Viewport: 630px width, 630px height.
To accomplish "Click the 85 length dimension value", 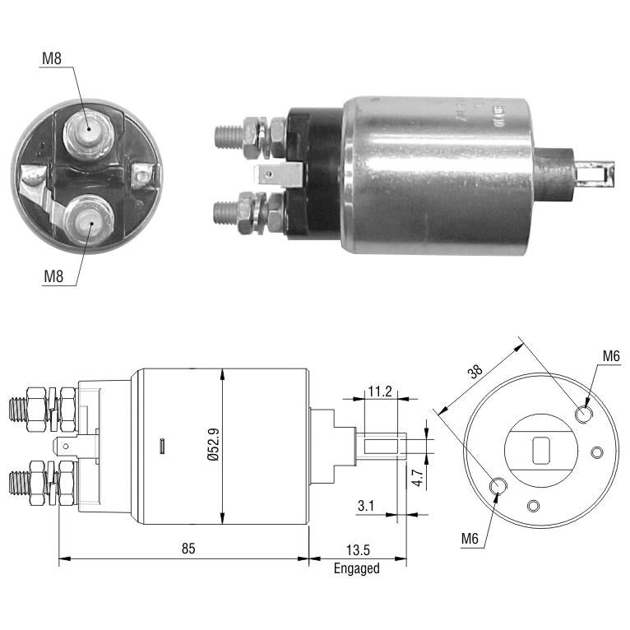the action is (x=188, y=548).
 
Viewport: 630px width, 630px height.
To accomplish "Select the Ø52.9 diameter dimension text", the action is (x=214, y=444).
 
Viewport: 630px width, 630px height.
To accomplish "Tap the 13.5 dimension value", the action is (x=358, y=549).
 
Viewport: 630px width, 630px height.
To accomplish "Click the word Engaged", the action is (x=357, y=568).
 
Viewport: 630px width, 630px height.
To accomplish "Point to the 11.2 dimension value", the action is (x=380, y=391).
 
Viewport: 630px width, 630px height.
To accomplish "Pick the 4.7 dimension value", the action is (x=419, y=478).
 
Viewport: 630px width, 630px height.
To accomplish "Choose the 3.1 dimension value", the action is (x=366, y=506).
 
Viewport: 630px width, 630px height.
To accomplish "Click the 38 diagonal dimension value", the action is (x=475, y=371).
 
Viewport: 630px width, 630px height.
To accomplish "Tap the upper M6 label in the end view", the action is (x=611, y=355).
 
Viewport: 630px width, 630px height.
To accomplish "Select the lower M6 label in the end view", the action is (x=470, y=538).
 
